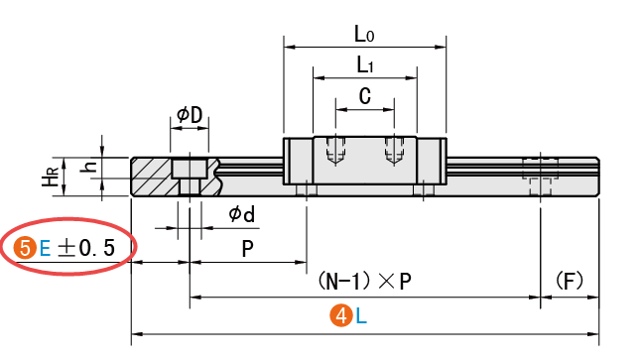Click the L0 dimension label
point(364,34)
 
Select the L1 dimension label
point(365,64)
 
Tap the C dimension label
point(365,96)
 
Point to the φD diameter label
point(190,115)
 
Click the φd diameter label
point(241,213)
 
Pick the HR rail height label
point(52,177)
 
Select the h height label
point(90,166)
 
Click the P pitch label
point(247,248)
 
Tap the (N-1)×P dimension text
point(364,281)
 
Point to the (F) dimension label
point(570,281)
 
